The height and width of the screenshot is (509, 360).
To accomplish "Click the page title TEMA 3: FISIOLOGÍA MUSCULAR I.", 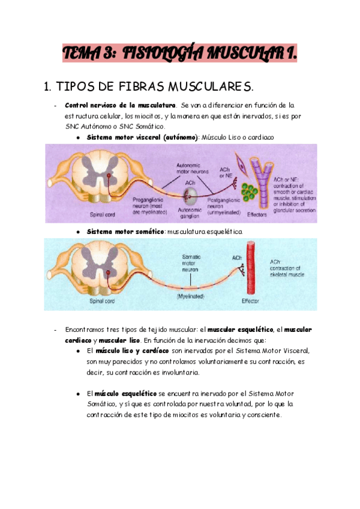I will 180,55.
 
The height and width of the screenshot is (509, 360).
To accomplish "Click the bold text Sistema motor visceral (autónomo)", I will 142,137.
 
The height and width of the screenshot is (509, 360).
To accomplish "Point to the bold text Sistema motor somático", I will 125,231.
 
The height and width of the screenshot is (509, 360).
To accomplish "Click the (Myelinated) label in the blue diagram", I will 191,297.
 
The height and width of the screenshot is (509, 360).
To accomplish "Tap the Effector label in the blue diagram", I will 248,300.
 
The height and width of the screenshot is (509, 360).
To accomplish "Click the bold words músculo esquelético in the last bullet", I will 122,393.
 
